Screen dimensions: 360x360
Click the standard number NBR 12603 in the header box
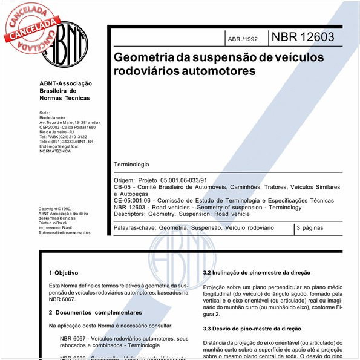[303, 36]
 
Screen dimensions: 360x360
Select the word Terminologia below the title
[131, 165]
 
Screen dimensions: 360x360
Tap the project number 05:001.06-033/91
[184, 180]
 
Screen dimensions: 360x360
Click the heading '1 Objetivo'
[63, 273]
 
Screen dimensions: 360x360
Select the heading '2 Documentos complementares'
[95, 313]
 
